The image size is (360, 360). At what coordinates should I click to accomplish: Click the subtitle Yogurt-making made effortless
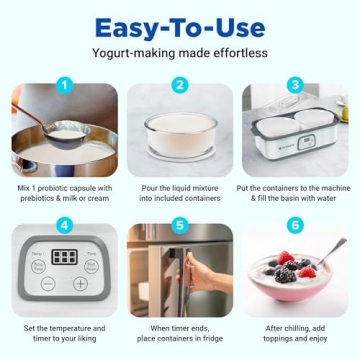[179, 52]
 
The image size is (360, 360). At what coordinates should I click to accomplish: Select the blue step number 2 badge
[180, 85]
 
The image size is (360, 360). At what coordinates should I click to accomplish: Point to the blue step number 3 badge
[296, 85]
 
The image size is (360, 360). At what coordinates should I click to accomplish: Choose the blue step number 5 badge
[180, 225]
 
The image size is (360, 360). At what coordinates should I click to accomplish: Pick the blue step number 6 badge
[296, 225]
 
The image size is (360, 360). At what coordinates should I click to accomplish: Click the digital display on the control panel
[65, 257]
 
